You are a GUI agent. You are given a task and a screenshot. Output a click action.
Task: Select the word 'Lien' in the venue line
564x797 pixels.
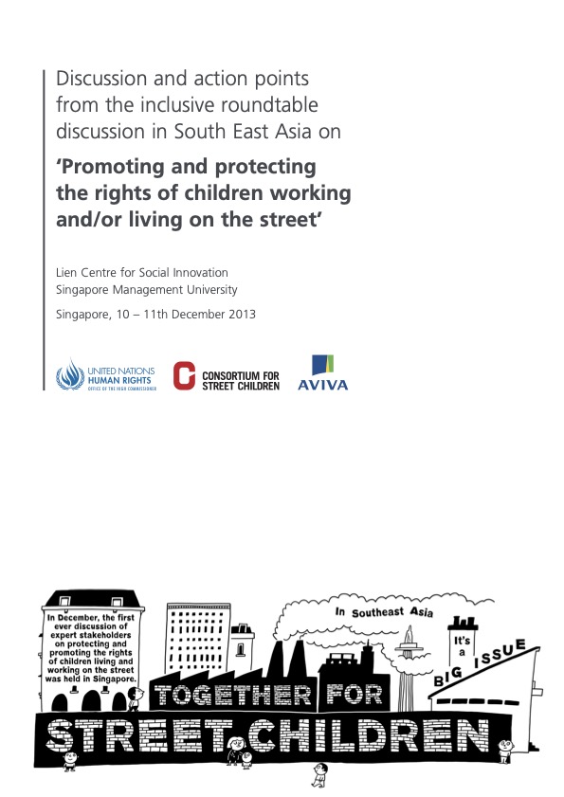67,273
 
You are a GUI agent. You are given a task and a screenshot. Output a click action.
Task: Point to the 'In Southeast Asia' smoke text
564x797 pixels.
383,613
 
